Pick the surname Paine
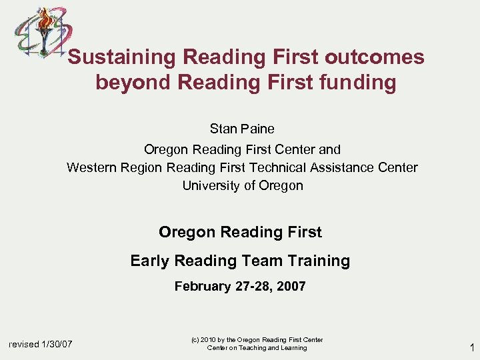(x=258, y=129)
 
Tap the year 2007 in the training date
(x=290, y=287)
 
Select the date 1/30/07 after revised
(x=57, y=344)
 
